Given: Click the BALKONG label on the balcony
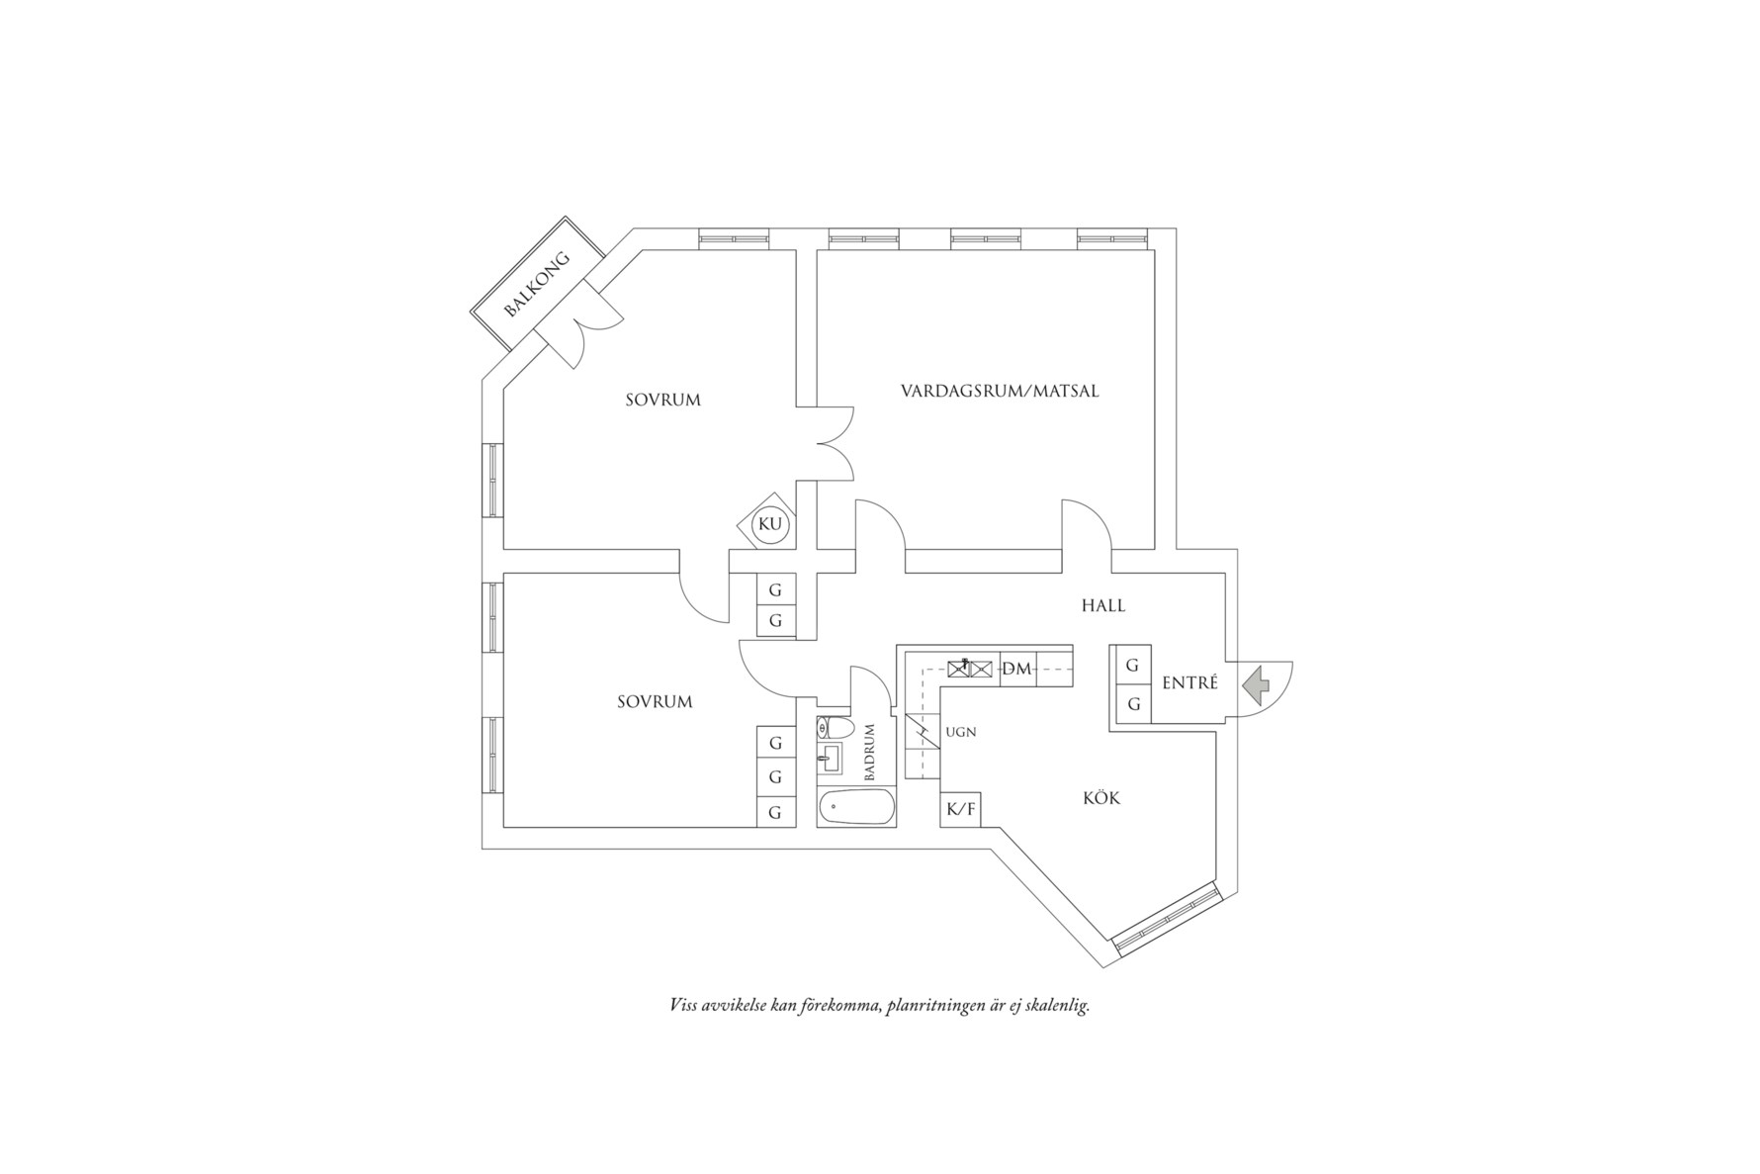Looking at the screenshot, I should click(537, 284).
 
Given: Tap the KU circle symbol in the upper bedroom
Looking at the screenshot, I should click(769, 524).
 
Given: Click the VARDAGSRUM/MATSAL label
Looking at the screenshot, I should click(1000, 391).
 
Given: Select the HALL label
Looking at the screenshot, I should click(1102, 605).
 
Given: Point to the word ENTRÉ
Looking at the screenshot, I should click(1189, 683).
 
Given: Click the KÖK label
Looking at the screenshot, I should click(1101, 798).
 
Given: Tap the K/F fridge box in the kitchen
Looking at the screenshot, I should click(961, 810).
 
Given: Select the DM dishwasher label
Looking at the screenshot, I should click(1016, 670).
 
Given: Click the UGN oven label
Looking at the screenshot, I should click(961, 732).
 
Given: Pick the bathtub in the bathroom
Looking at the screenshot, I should click(856, 807).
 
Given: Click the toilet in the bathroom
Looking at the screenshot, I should click(836, 729).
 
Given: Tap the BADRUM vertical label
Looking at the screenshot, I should click(870, 753).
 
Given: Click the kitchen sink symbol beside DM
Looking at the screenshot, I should click(970, 668).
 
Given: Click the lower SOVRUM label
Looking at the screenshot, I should click(655, 702).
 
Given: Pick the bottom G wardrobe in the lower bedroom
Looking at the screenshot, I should click(776, 812).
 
